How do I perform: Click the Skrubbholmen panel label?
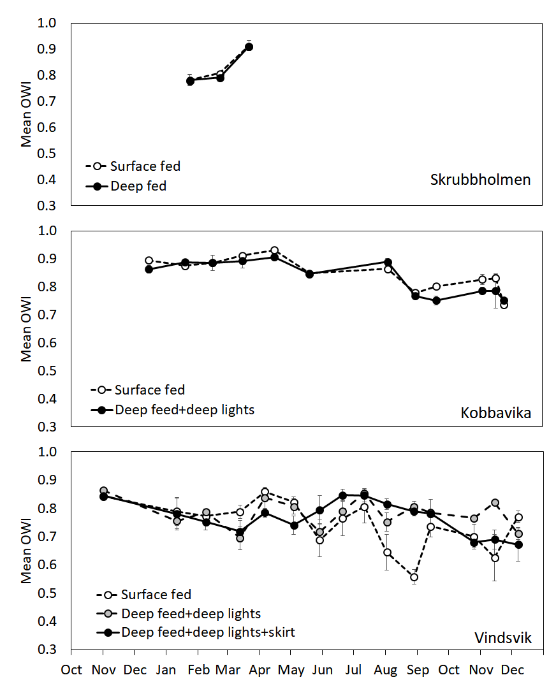tap(480, 179)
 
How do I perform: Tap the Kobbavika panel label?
tap(495, 413)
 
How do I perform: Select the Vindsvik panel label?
tap(502, 637)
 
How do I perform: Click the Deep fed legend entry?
tap(138, 186)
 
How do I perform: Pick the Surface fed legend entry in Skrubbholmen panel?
tap(145, 166)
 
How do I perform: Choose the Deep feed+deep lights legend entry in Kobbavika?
tap(184, 409)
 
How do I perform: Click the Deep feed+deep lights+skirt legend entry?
tap(208, 632)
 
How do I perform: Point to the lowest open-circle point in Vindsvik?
tap(414, 577)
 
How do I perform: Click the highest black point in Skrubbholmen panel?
tap(249, 47)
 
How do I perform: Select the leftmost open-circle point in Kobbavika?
tap(149, 261)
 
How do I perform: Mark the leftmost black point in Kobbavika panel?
tap(149, 270)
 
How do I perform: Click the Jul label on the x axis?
tap(353, 670)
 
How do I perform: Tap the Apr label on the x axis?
tap(259, 670)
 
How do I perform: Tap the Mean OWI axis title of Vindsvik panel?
tap(27, 551)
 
